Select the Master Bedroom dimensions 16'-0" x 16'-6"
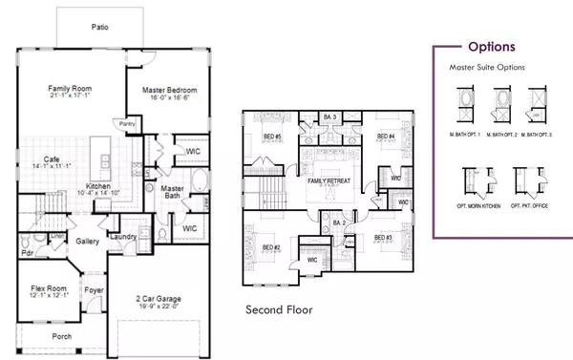168,98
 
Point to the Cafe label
53,159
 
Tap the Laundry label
121,236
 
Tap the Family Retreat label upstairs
326,180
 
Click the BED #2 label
270,248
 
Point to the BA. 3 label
329,116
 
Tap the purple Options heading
492,46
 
